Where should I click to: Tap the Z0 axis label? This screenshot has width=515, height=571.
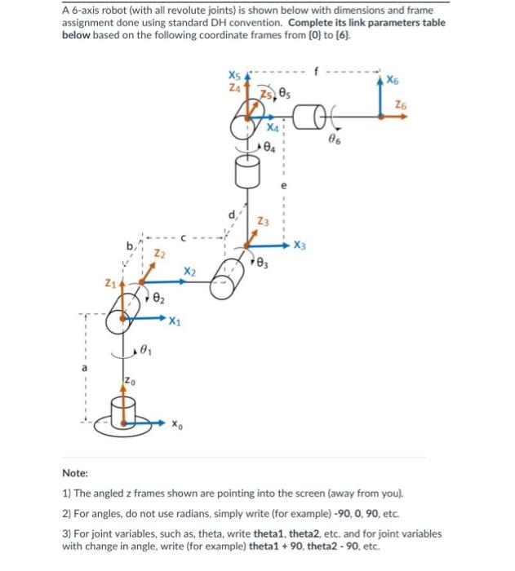coord(129,382)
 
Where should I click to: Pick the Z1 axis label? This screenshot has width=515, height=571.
coord(108,283)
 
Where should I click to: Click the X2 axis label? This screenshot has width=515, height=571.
coord(189,270)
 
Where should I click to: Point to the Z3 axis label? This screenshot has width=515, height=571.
coord(262,221)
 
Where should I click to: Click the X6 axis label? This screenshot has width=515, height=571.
coord(393,80)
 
